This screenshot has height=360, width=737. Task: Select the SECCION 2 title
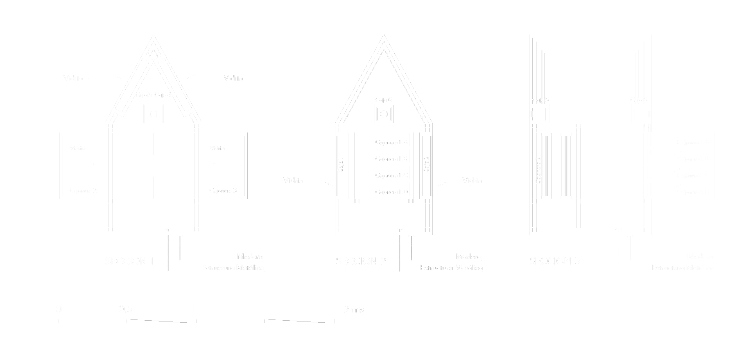click(x=361, y=261)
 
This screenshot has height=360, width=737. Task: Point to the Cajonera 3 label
click(x=223, y=190)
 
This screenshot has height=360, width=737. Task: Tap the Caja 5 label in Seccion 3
click(x=540, y=100)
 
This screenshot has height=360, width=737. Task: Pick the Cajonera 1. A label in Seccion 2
click(x=391, y=143)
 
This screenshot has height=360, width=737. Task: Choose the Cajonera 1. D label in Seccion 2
click(x=391, y=192)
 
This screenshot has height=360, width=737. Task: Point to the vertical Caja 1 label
click(x=341, y=165)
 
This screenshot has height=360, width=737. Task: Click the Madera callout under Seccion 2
click(x=468, y=257)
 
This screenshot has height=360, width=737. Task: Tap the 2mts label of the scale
click(x=354, y=309)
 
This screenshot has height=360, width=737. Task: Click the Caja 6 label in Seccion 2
click(x=383, y=100)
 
